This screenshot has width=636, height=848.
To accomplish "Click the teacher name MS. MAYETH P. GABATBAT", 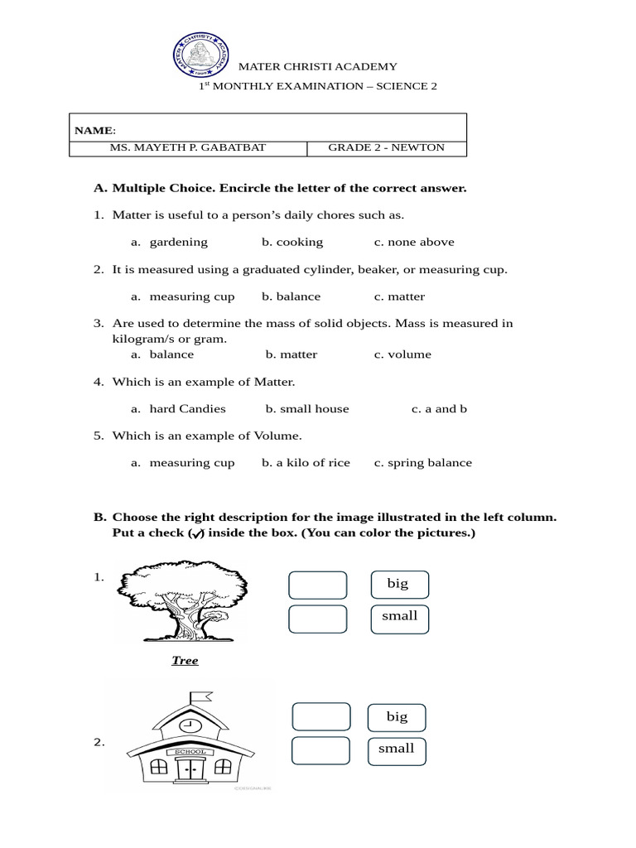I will pos(188,148).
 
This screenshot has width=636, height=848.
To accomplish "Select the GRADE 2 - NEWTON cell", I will pos(386,148).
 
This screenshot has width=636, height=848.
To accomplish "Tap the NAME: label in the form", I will pos(95,131).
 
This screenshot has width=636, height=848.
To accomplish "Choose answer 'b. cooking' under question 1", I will pos(292,243).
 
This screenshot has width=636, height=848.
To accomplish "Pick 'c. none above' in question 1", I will pos(413,243).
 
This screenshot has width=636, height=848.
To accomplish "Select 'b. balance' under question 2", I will pos(291,296).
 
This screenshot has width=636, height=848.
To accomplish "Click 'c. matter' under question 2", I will pos(399,296).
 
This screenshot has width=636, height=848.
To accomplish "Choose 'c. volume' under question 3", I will pos(402,354).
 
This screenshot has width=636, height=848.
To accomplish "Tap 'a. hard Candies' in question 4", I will pos(178,409).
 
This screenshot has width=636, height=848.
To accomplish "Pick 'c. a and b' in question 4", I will pos(439,409).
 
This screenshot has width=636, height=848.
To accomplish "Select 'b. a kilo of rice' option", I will pos(306,463).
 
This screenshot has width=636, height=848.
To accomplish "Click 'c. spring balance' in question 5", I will pos(422,463).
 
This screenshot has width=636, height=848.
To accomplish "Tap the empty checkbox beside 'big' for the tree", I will pos(318,585).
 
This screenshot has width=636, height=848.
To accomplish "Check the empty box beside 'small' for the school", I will pos(320,750).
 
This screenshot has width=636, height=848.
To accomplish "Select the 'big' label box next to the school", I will pos(397,717).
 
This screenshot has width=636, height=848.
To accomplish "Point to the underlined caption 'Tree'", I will pos(185,661).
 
